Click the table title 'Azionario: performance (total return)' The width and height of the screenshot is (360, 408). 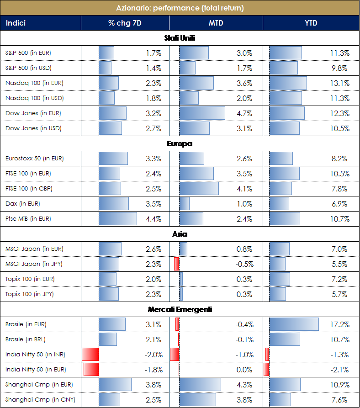point(180,8)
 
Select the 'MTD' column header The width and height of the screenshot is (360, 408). point(216,23)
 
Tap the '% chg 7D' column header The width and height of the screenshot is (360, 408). point(125,23)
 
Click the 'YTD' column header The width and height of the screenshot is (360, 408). point(311,23)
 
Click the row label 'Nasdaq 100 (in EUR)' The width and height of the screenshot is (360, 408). point(34,83)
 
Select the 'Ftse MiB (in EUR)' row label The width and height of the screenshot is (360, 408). point(28,219)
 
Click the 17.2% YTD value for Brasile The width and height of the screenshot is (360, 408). point(339,324)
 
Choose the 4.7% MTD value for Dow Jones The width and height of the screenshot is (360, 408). point(244,113)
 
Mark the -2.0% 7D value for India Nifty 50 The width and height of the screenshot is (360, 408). point(153,355)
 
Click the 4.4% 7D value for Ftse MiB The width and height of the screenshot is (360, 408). point(154,219)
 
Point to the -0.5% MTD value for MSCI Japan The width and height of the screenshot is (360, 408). point(244,264)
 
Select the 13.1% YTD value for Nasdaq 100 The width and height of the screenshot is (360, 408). point(339,83)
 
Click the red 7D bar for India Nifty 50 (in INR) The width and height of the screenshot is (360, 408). point(90,355)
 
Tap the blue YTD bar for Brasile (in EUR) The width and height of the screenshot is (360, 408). point(294,324)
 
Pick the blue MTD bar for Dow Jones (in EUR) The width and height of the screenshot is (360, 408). point(202,113)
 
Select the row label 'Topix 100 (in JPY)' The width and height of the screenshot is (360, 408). point(30,294)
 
